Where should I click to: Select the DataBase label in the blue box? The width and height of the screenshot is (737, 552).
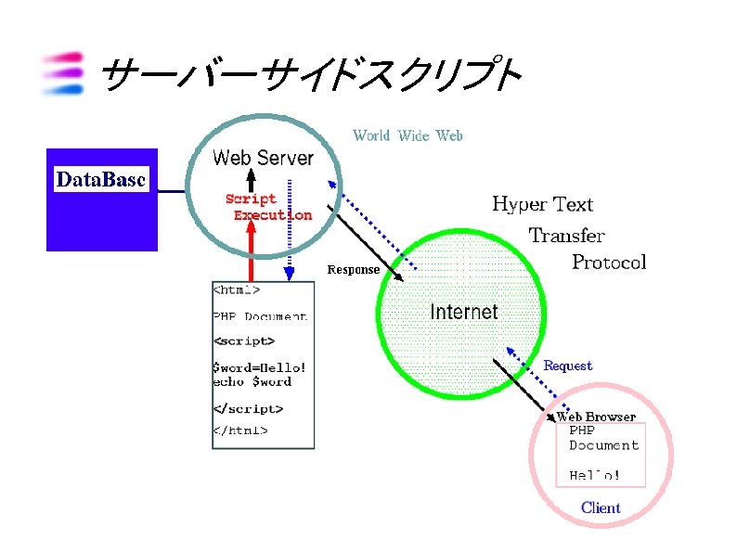pyautogui.click(x=101, y=180)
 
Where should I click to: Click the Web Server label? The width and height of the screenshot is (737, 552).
pyautogui.click(x=263, y=158)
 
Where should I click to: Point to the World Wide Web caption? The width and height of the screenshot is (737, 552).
pyautogui.click(x=407, y=135)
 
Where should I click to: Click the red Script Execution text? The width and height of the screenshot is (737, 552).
pyautogui.click(x=266, y=207)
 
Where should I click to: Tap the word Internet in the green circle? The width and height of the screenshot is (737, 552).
pyautogui.click(x=463, y=312)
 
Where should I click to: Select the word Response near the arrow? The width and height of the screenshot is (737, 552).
pyautogui.click(x=353, y=269)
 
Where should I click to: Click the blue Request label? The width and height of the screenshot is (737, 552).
pyautogui.click(x=567, y=366)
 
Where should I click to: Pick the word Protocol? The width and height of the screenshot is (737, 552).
pyautogui.click(x=608, y=262)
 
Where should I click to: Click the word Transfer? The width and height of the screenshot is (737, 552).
pyautogui.click(x=566, y=236)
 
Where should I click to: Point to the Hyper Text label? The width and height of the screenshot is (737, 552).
pyautogui.click(x=541, y=204)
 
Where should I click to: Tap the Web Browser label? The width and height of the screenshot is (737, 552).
pyautogui.click(x=596, y=417)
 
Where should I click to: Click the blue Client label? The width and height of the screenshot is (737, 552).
pyautogui.click(x=601, y=507)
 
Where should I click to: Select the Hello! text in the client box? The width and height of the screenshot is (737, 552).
pyautogui.click(x=594, y=476)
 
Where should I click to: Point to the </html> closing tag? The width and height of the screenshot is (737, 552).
pyautogui.click(x=240, y=430)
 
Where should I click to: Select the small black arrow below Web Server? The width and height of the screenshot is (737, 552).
pyautogui.click(x=249, y=180)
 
